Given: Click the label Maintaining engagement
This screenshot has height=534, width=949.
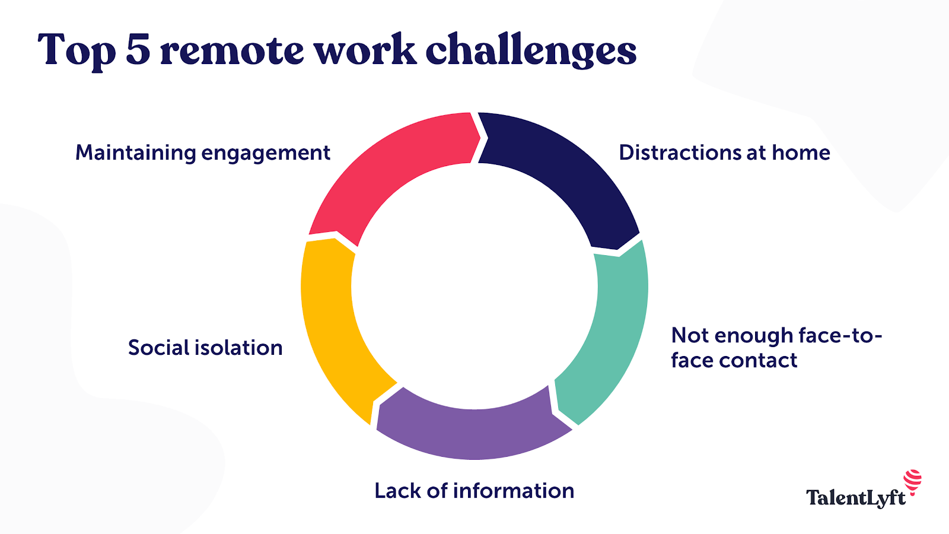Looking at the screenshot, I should (202, 153).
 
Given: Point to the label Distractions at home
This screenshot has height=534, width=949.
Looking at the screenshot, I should (724, 153).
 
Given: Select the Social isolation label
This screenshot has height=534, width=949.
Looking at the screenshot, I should (205, 348).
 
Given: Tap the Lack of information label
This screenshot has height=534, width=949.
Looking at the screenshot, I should (474, 491).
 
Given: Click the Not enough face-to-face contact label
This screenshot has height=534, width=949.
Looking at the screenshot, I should (776, 348).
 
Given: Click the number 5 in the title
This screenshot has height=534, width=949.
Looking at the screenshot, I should (138, 50).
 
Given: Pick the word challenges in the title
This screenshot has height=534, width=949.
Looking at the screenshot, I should (531, 51).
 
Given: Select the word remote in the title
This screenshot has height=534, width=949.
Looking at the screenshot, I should (232, 51).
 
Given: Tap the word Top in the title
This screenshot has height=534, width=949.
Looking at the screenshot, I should (77, 51).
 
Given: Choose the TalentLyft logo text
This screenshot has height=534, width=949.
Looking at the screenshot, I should (856, 498).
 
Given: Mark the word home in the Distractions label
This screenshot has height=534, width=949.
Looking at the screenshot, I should (801, 153).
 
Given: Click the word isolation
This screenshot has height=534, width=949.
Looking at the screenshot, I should (239, 348).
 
